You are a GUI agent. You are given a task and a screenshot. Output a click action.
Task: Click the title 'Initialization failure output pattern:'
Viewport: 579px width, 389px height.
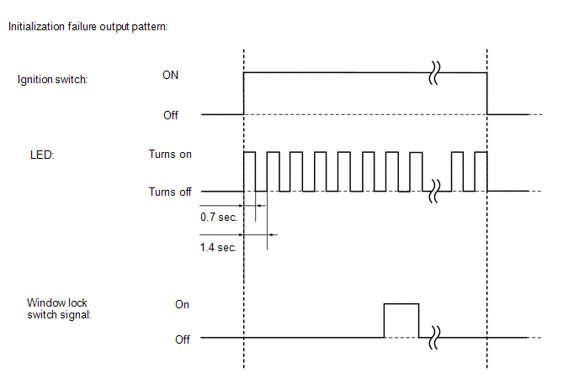click(x=88, y=27)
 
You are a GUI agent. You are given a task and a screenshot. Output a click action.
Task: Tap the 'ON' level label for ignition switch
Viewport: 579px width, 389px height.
click(x=170, y=75)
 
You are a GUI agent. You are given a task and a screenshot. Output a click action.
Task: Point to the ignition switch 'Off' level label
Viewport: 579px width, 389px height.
click(x=171, y=115)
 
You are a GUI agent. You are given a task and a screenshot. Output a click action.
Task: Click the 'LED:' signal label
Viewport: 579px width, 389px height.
click(x=42, y=155)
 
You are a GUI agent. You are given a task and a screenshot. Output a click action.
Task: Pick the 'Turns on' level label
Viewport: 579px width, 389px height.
click(x=170, y=155)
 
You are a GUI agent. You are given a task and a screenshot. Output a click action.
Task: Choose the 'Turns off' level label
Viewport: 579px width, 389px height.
click(x=170, y=192)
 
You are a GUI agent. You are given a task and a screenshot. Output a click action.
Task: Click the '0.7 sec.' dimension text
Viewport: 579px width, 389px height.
click(x=218, y=218)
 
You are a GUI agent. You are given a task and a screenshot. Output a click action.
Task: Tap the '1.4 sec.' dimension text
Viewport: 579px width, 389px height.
click(x=218, y=248)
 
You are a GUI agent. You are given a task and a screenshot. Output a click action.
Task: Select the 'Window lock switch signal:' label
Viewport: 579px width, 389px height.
click(x=57, y=308)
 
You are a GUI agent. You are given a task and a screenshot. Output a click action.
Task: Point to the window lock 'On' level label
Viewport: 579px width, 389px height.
click(x=183, y=304)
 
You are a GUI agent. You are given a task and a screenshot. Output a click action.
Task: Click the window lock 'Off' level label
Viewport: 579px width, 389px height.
click(x=183, y=339)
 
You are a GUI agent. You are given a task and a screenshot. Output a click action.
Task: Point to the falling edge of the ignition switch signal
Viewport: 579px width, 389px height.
click(x=488, y=94)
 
